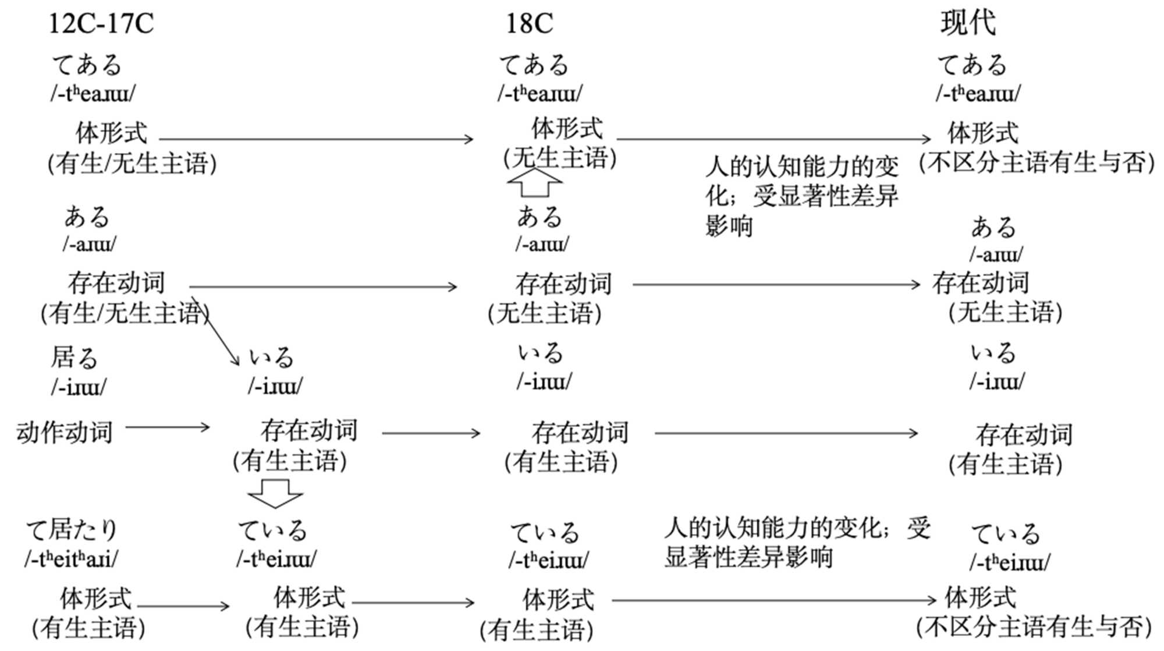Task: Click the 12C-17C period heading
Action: point(101,24)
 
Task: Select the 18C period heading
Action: point(529,24)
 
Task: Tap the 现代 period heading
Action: point(968,23)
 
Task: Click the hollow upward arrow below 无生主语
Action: point(534,182)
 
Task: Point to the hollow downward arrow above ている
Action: point(275,493)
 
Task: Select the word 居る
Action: point(74,358)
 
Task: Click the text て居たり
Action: point(72,530)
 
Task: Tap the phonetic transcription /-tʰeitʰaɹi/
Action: point(71,559)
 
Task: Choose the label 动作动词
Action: point(64,433)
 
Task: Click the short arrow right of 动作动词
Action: point(168,427)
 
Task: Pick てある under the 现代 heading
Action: point(971,65)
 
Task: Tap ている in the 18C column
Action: point(545,533)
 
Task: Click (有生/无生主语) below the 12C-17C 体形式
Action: point(132,164)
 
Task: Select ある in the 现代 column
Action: point(993,227)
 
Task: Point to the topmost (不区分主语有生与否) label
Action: point(1037,162)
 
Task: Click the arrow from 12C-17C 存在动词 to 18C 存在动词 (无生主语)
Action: point(323,286)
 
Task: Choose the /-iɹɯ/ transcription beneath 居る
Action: point(79,387)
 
